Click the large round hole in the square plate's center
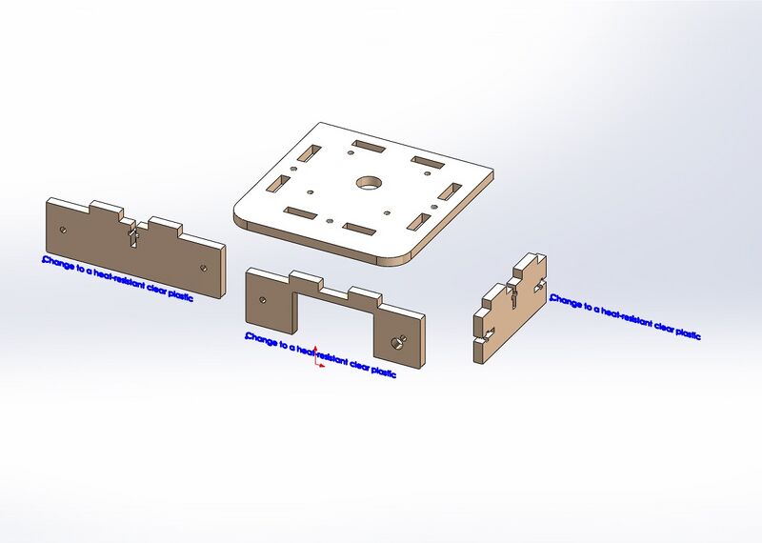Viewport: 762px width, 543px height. click(x=368, y=182)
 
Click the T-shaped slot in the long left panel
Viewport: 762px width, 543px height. click(x=133, y=234)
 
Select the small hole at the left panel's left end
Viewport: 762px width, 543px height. click(x=63, y=230)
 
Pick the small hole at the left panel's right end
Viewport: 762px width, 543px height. click(x=206, y=266)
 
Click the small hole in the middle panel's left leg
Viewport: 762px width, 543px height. click(x=263, y=299)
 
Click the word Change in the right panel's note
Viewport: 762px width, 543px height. click(x=566, y=301)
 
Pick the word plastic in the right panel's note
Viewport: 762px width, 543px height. click(x=686, y=333)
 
